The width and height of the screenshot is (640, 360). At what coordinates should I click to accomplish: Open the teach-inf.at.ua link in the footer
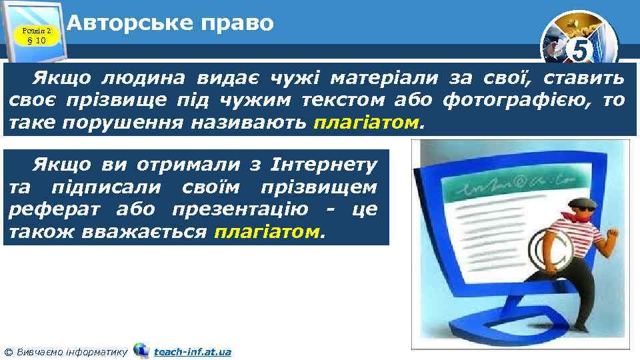[192, 351]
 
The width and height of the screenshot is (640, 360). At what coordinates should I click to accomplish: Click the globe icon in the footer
[141, 350]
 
